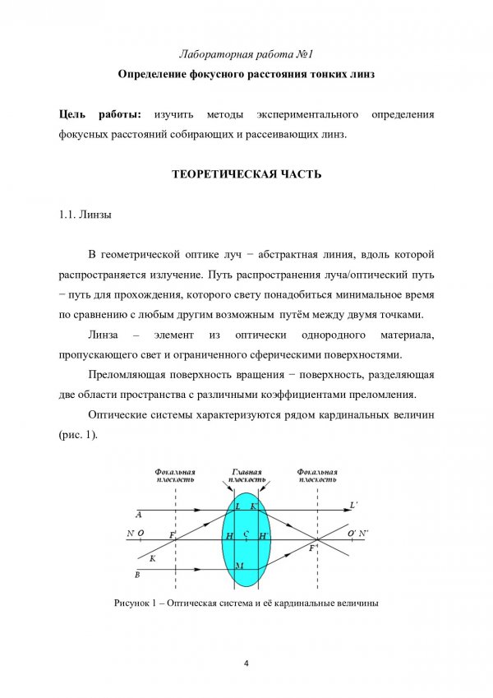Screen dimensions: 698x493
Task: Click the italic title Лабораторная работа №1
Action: click(x=246, y=54)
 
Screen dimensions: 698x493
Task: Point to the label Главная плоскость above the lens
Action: click(x=246, y=476)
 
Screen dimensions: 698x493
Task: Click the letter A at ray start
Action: click(x=139, y=514)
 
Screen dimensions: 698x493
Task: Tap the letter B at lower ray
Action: click(x=137, y=574)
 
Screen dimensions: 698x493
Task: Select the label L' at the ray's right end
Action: click(x=353, y=504)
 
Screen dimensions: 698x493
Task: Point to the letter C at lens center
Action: click(x=246, y=534)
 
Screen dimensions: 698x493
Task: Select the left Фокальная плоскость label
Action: click(x=174, y=476)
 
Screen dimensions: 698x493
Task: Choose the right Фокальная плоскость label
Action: click(x=317, y=476)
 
